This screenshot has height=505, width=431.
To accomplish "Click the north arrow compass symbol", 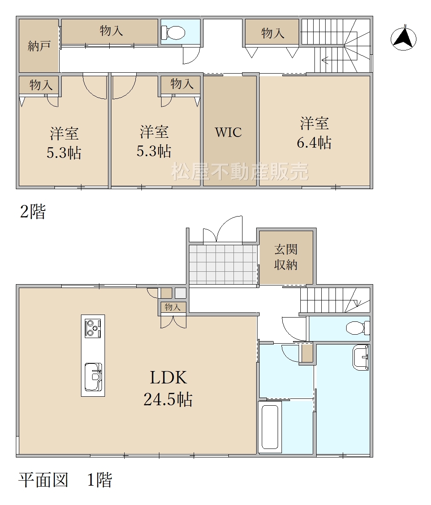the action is (x=403, y=39).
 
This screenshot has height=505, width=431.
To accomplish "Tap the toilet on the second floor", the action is (x=173, y=32).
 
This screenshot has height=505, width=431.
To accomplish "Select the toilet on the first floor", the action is (x=358, y=328).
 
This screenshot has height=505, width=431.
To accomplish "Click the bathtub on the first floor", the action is (x=270, y=426).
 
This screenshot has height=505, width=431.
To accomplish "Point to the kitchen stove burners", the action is (x=93, y=328).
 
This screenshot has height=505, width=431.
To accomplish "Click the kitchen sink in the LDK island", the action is (x=93, y=377).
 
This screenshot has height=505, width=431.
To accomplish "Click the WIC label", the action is (x=228, y=132).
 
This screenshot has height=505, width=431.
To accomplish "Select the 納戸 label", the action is (x=39, y=46).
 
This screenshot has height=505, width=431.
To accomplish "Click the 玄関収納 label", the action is (x=286, y=257).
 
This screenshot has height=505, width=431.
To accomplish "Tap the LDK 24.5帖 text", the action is (x=168, y=389).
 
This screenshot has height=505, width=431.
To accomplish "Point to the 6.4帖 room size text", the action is (x=314, y=143).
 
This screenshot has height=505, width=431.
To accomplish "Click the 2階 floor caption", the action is (x=33, y=211).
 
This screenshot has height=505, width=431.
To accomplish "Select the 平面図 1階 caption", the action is (x=65, y=480).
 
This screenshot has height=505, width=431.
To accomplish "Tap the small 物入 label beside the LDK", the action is (x=173, y=307).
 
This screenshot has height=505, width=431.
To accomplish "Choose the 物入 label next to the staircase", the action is (x=273, y=33).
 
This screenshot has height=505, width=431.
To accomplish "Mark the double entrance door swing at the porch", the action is (x=222, y=230).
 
